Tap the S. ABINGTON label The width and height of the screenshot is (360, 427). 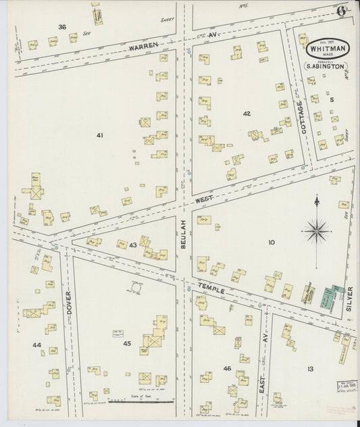pyautogui.click(x=326, y=66)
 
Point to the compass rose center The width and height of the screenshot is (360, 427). pyautogui.click(x=316, y=231)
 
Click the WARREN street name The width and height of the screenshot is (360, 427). pyautogui.click(x=143, y=45)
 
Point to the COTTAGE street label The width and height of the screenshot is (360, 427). pyautogui.click(x=301, y=117)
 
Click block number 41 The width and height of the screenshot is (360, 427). pyautogui.click(x=99, y=136)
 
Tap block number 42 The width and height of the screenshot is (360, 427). pyautogui.click(x=247, y=114)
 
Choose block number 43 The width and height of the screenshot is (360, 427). pyautogui.click(x=133, y=245)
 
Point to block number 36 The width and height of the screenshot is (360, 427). pyautogui.click(x=62, y=27)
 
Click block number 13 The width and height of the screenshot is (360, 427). pyautogui.click(x=310, y=368)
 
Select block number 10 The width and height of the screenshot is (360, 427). pyautogui.click(x=272, y=242)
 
